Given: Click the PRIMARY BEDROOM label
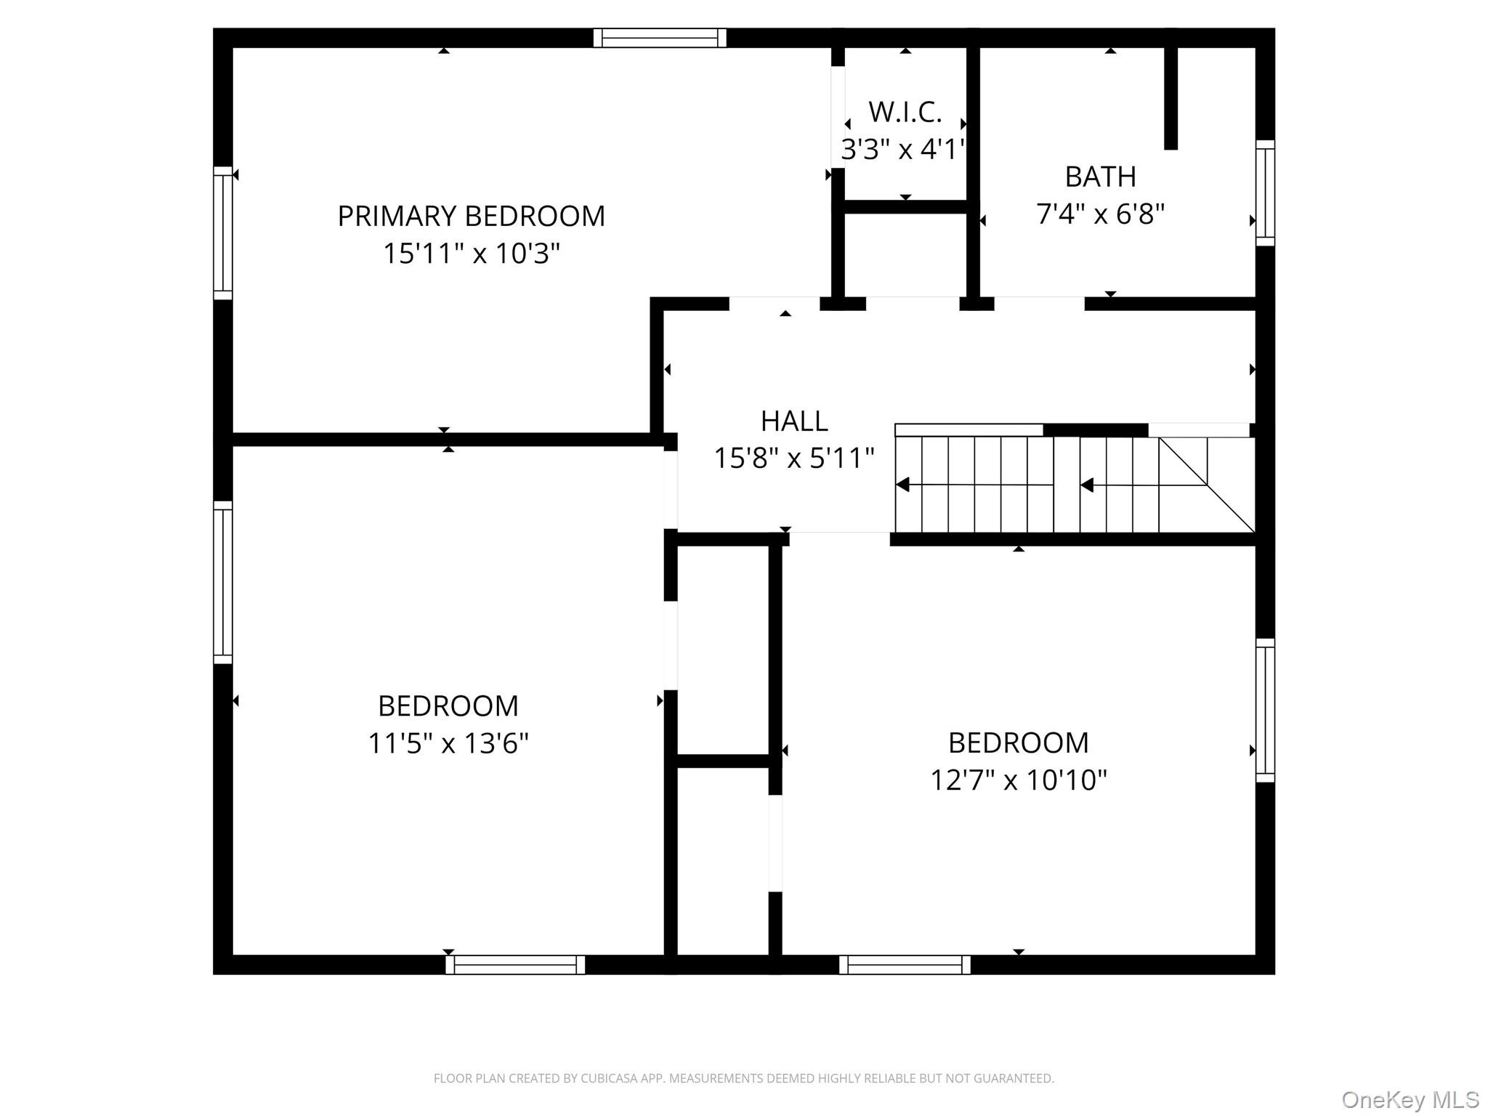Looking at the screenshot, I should [471, 217].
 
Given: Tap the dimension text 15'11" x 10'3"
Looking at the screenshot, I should [471, 254].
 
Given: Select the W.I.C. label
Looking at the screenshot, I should [905, 113].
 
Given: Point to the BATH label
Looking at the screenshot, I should [1100, 177].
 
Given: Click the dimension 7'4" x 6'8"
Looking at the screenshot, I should [1100, 214].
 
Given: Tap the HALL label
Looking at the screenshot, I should [793, 421].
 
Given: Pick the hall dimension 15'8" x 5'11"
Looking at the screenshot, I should [793, 458].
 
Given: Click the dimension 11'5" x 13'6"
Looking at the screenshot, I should [448, 743].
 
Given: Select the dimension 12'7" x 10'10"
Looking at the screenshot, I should [1018, 780].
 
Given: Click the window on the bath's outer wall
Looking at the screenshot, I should [1265, 193].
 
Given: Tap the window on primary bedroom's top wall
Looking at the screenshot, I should [660, 38].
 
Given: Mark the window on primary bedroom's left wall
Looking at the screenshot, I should [222, 232].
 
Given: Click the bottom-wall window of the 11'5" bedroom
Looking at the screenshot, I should [515, 965].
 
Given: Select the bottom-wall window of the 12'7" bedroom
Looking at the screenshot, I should [905, 965].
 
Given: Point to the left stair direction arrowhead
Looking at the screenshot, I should [903, 485].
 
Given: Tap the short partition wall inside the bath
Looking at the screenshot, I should [1170, 98].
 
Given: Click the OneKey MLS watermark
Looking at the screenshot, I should [1410, 1100].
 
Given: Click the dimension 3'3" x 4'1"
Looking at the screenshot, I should [903, 150].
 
